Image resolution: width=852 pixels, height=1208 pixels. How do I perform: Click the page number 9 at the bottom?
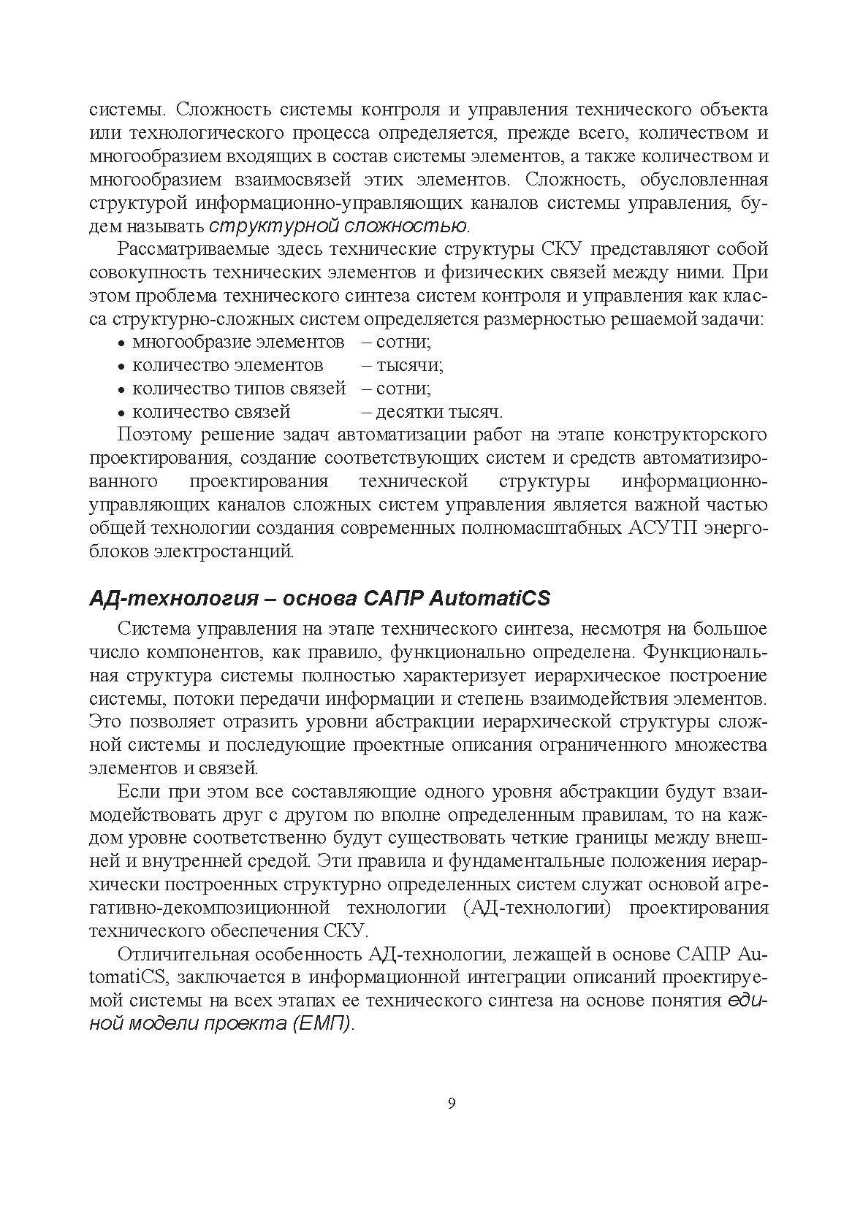(x=451, y=1104)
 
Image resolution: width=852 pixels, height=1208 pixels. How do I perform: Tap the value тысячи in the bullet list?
(x=409, y=365)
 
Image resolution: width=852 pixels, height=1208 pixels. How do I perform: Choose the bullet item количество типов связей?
(x=239, y=389)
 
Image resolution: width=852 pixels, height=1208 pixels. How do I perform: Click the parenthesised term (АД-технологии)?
(x=538, y=908)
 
